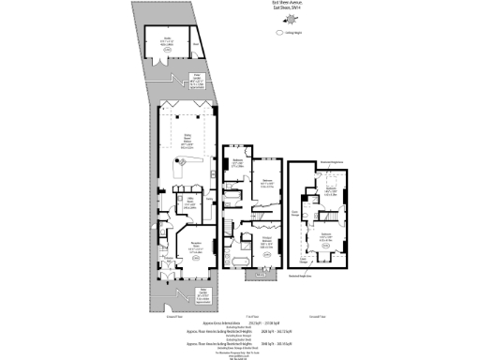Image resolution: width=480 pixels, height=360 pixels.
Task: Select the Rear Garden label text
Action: pos(199,81)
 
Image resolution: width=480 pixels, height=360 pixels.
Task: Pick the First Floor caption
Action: pos(250,316)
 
